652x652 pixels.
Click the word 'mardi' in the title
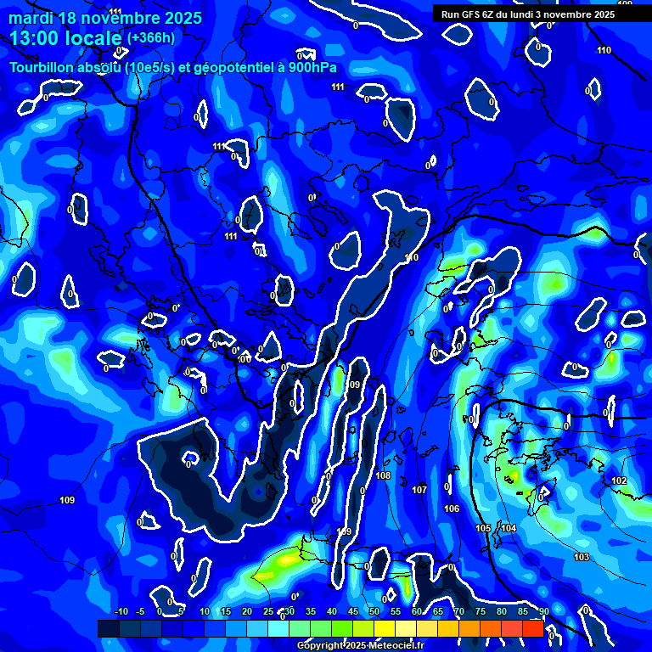point(31,18)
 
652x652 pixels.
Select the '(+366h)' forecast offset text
point(151,37)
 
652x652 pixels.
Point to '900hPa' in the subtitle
point(312,68)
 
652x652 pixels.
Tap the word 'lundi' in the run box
point(531,14)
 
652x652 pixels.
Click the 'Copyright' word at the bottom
point(322,645)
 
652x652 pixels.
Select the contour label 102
point(619,481)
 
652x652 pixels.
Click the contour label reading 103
point(582,557)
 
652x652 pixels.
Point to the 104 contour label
point(509,528)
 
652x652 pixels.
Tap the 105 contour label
point(483,528)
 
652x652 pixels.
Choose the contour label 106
point(452,509)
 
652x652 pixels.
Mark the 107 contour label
point(419,490)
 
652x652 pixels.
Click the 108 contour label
point(383,475)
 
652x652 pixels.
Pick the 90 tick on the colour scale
point(543,611)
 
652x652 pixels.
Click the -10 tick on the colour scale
point(121,611)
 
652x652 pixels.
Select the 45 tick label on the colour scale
point(353,611)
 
